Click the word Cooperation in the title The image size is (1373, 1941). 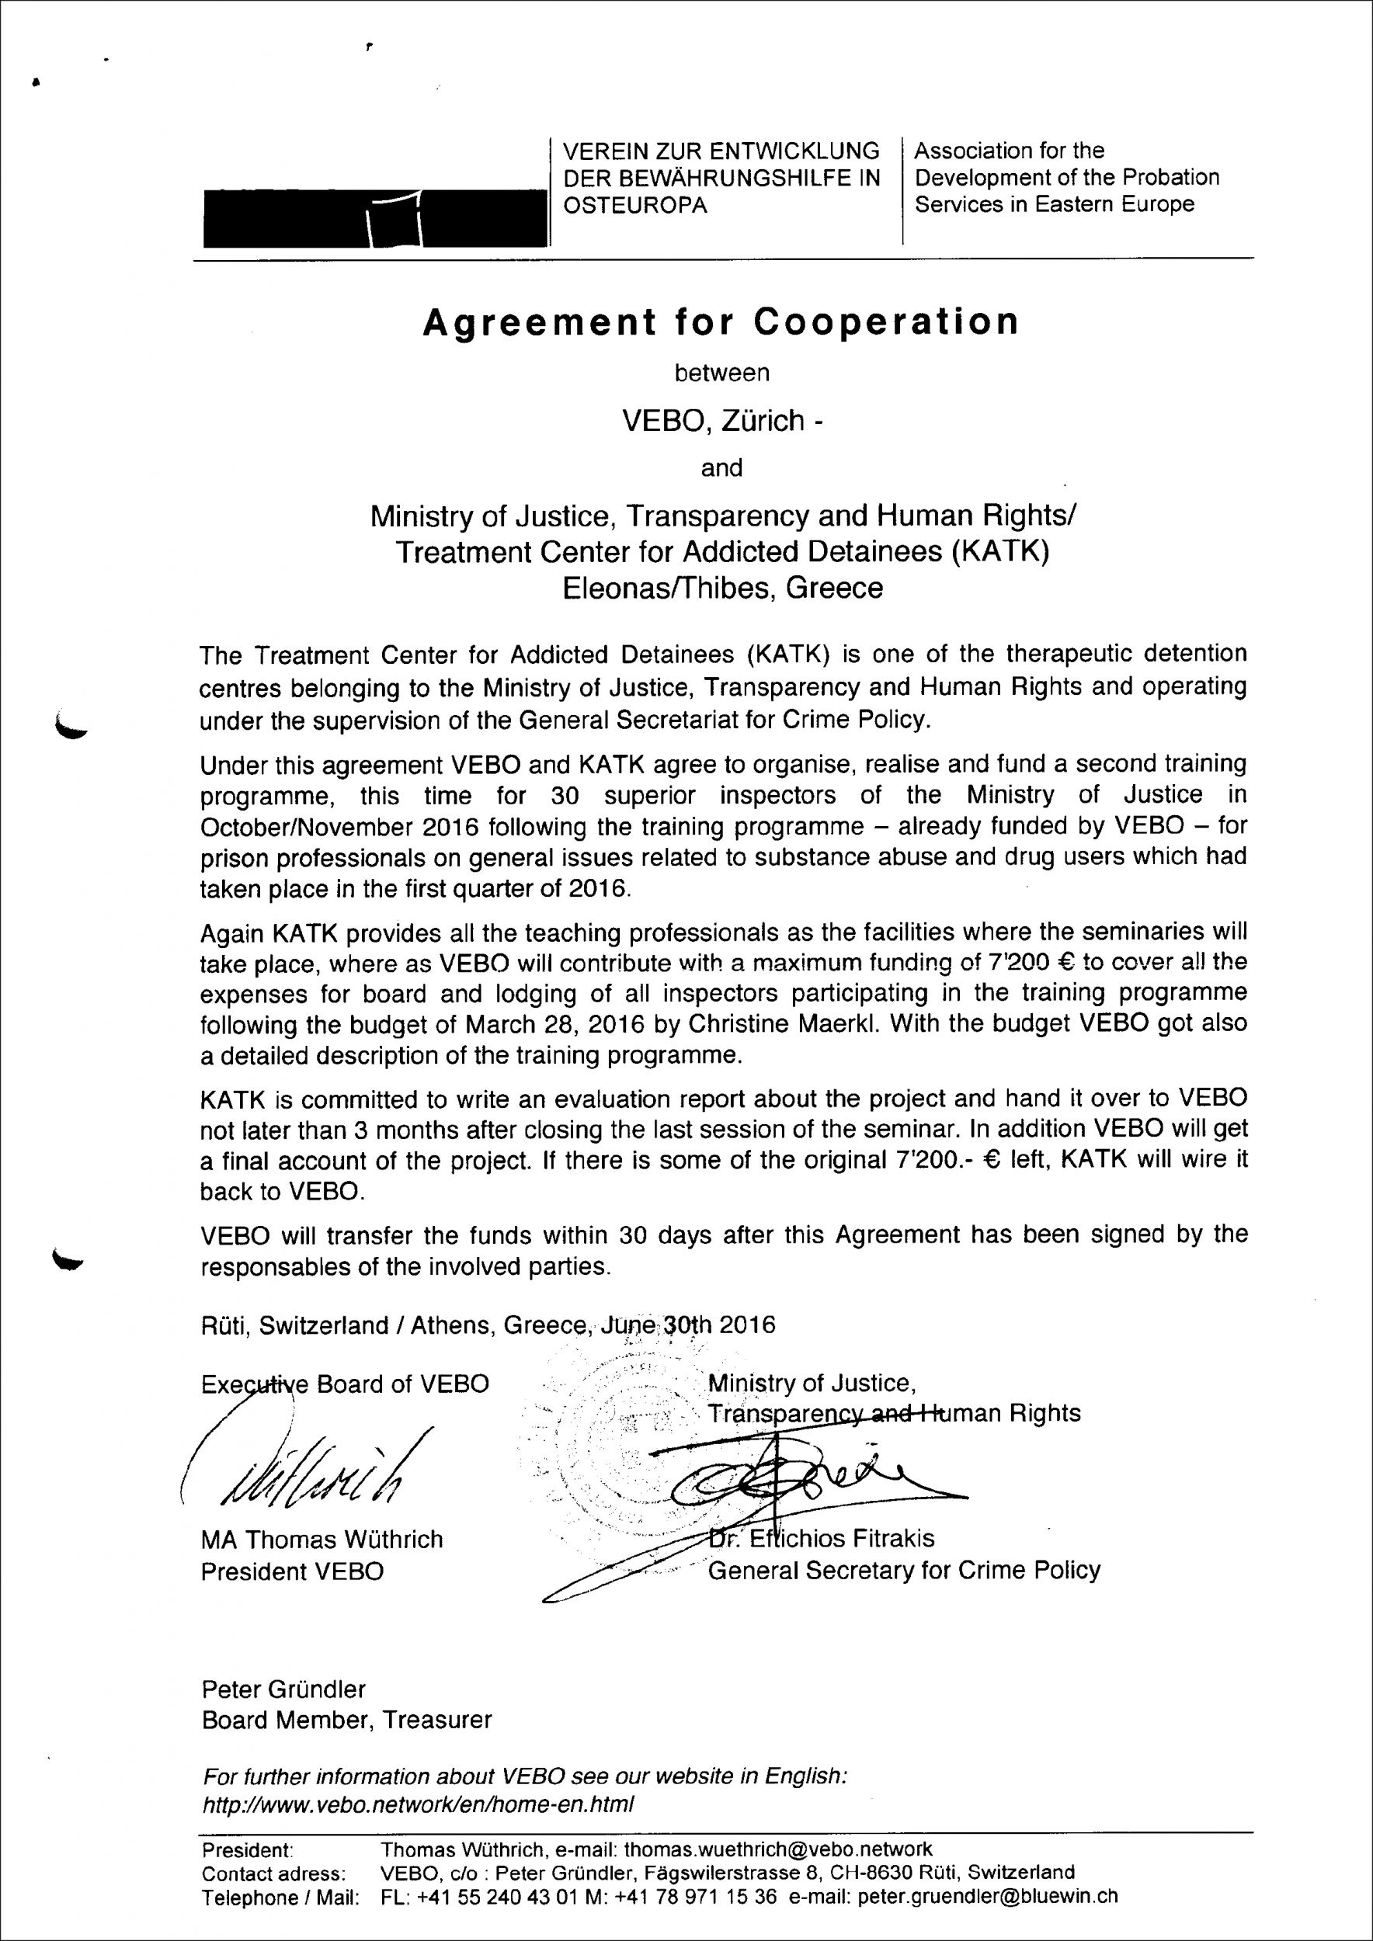click(x=887, y=322)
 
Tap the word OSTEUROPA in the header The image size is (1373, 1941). click(x=635, y=206)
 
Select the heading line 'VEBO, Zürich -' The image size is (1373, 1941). click(x=722, y=420)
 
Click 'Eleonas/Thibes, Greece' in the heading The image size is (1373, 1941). click(x=722, y=588)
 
